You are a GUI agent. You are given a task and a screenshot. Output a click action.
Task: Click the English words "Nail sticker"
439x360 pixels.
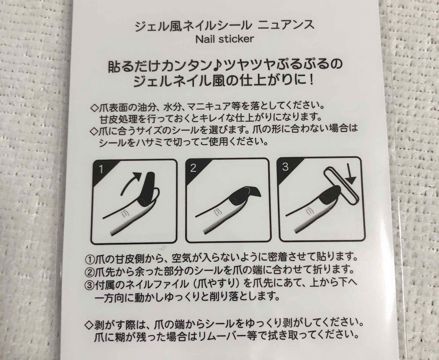(225, 39)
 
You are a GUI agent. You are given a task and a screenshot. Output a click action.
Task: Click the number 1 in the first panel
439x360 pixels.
(101, 169)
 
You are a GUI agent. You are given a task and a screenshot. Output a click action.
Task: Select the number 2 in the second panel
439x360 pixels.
(193, 168)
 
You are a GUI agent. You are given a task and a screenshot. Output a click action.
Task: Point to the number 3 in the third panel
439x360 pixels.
(285, 166)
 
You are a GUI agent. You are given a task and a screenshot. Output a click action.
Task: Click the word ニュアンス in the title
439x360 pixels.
(286, 25)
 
